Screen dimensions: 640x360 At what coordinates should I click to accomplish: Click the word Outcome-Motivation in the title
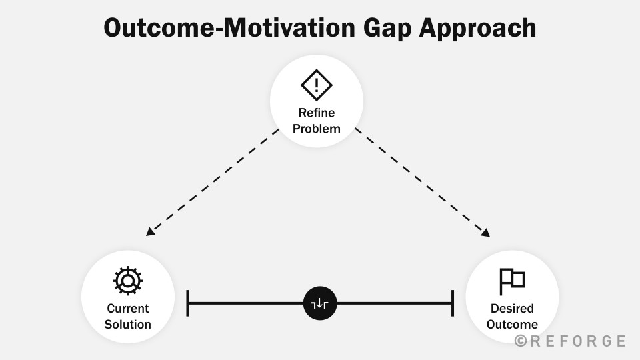tap(229, 28)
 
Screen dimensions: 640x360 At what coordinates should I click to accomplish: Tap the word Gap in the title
tap(387, 29)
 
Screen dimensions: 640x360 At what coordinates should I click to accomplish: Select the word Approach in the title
tap(477, 29)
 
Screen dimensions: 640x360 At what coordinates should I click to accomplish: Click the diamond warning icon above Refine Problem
tap(316, 85)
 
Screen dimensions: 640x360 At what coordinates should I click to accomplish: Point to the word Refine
tap(316, 113)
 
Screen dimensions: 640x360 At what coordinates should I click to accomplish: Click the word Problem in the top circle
tap(316, 129)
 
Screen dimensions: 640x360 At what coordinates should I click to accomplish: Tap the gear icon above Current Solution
tap(128, 281)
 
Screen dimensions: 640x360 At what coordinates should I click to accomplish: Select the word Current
tap(128, 308)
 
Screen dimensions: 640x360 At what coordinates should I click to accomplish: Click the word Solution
tap(128, 324)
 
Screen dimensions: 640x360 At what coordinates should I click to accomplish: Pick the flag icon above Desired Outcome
tap(512, 281)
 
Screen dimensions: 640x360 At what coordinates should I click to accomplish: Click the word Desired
tap(512, 308)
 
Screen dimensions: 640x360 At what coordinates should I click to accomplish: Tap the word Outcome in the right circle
tap(512, 324)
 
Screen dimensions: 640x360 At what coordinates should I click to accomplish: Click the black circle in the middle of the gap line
tap(320, 303)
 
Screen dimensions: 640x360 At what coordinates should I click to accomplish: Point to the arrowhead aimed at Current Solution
tap(150, 232)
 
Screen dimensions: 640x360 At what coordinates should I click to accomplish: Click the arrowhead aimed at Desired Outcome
tap(485, 233)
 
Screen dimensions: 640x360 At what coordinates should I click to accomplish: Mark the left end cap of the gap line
tap(187, 303)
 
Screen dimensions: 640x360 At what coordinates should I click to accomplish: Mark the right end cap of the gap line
tap(453, 303)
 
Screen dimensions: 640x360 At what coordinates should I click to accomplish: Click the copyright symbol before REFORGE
tap(521, 341)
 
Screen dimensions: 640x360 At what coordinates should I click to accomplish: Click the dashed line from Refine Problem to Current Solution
tap(212, 183)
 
